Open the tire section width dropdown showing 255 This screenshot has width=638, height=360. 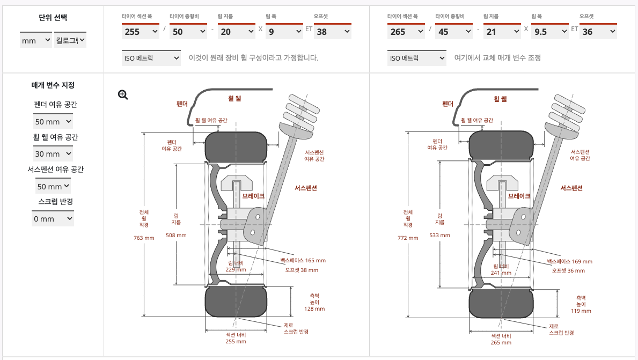[140, 32]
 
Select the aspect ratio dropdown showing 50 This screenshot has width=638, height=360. [188, 32]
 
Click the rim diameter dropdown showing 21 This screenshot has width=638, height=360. [502, 32]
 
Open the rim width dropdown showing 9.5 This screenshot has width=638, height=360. [549, 32]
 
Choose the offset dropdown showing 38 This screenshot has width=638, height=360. [332, 32]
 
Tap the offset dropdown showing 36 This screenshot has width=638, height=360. [598, 32]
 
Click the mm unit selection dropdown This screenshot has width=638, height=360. [36, 40]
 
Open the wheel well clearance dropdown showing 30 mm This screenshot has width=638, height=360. [53, 154]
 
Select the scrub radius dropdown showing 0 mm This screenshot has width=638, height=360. [53, 219]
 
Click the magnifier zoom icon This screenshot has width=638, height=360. [123, 95]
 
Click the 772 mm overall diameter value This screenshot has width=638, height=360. [408, 238]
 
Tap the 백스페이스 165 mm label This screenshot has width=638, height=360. [303, 261]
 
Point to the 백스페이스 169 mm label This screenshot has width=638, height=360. [569, 262]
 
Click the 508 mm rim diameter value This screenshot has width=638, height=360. [176, 235]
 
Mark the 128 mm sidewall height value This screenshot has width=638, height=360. [314, 309]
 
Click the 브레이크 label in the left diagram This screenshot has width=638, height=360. [253, 196]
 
